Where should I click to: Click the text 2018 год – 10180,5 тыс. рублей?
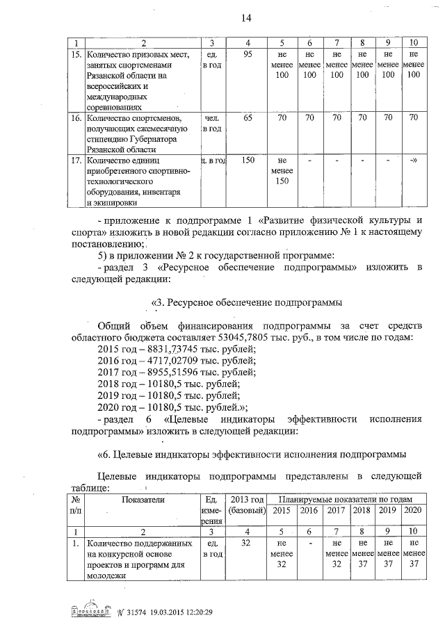click(170, 383)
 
